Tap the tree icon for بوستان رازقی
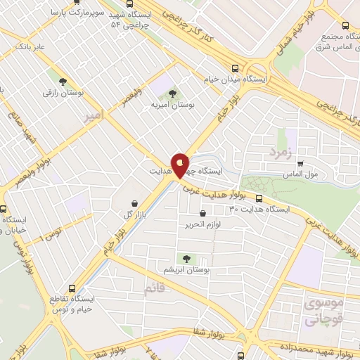click(x=63, y=82)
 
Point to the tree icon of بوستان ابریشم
click(x=186, y=259)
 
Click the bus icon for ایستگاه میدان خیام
click(x=235, y=68)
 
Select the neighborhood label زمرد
click(x=279, y=150)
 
